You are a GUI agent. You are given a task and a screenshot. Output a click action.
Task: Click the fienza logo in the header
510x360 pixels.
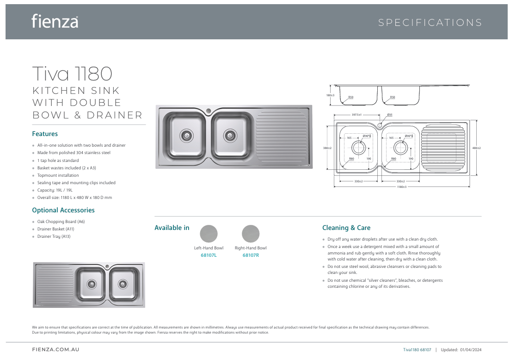point(55,21)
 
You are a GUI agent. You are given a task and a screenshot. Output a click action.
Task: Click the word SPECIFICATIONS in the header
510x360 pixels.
point(430,23)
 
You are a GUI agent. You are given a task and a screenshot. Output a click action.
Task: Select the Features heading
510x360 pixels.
point(45,134)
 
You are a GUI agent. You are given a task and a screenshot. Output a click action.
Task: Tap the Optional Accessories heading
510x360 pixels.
point(63,210)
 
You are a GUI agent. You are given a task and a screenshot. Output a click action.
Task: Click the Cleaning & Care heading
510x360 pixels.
point(346,228)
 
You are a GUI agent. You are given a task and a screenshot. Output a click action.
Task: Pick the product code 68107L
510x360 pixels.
point(209,255)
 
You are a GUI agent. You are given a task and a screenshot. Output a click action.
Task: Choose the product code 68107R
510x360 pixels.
point(251,255)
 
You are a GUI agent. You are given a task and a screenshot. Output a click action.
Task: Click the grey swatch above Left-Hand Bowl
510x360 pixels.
point(209,234)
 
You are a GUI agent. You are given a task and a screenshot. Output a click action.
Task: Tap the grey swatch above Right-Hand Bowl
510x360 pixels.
point(251,234)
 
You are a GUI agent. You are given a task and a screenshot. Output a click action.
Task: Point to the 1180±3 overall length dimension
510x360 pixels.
point(402,187)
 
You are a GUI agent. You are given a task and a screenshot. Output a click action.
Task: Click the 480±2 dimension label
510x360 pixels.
point(476,148)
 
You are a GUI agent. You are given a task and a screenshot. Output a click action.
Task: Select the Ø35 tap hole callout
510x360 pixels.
point(389,115)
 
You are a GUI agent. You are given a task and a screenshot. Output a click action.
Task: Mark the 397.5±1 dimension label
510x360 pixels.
point(356,115)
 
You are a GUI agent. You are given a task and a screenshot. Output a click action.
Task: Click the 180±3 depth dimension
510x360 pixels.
point(330,95)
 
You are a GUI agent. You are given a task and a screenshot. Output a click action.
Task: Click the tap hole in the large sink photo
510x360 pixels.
point(209,111)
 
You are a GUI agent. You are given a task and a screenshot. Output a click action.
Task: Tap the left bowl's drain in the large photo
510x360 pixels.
point(186,135)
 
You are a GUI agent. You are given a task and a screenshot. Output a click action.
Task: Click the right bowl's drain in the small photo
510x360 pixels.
point(123,284)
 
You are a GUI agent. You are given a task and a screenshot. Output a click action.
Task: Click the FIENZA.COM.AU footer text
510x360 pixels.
point(52,350)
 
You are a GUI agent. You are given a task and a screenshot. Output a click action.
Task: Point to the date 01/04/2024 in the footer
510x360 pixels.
point(471,350)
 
